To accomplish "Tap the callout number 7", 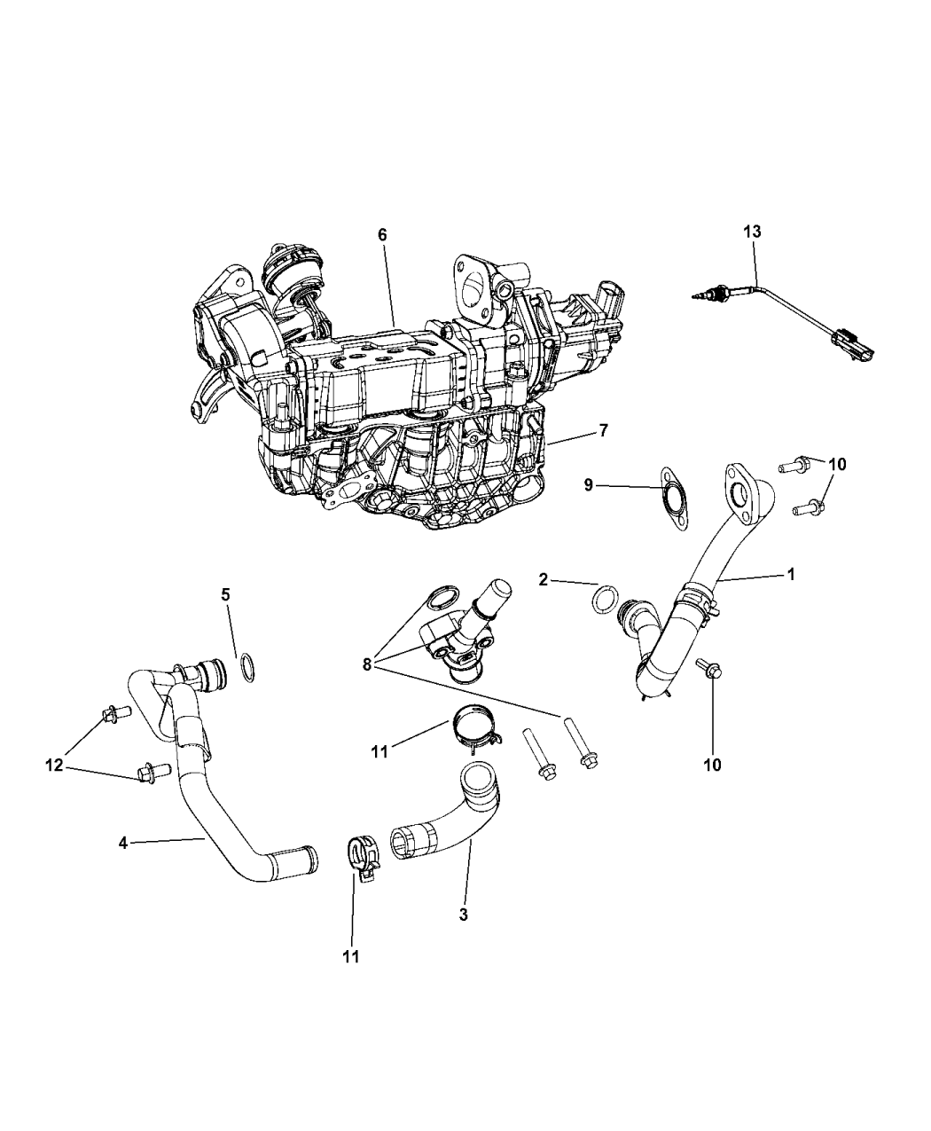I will tap(603, 430).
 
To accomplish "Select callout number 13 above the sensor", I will tap(752, 232).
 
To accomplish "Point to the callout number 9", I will tap(587, 484).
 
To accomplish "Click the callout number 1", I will tap(791, 574).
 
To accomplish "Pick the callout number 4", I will tap(123, 843).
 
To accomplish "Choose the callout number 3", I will tap(463, 915).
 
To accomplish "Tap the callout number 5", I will tap(225, 594).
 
